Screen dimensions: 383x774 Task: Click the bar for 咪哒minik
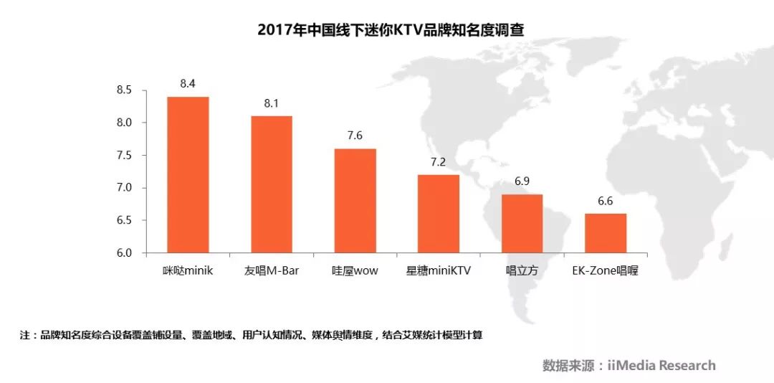188,175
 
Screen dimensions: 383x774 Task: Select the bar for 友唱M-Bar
272,184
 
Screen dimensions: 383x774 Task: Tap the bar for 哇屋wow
355,201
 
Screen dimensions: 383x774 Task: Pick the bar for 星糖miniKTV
439,214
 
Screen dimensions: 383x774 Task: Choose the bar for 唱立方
522,224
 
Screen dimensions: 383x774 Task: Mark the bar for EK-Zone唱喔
606,233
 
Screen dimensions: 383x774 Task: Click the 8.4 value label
188,84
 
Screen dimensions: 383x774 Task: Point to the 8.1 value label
272,103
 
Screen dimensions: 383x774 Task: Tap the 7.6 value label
355,136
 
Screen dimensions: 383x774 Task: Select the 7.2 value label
439,162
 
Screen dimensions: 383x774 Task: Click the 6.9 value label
522,182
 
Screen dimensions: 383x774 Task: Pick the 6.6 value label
606,202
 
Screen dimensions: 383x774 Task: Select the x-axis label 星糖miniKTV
439,271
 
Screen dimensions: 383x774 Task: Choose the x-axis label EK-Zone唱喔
606,271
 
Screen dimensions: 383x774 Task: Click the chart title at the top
386,30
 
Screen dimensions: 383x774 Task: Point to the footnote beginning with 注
252,335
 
